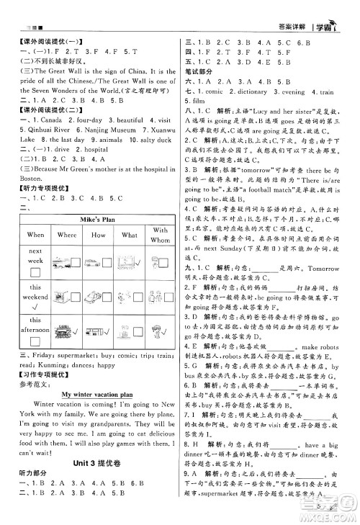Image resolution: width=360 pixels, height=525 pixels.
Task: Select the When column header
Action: (x=35, y=234)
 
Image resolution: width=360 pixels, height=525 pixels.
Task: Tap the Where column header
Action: (x=67, y=234)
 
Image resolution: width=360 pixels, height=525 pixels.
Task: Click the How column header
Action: (x=98, y=234)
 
